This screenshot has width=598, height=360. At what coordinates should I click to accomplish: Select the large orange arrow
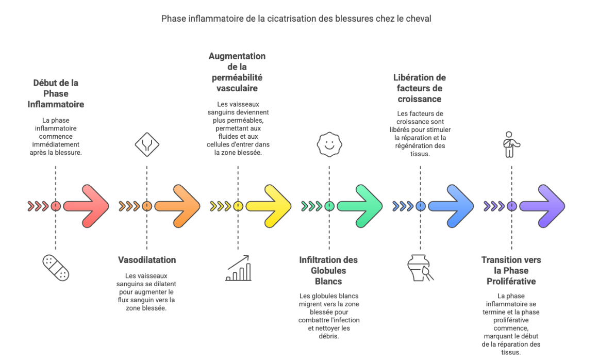pos(178,206)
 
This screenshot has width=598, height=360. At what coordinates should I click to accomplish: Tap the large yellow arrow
pos(269,206)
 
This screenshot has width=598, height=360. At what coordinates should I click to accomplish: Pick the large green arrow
pos(360,206)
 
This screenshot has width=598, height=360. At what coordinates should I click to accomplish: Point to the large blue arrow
pos(452,206)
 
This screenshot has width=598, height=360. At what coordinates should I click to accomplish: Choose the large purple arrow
pos(543,206)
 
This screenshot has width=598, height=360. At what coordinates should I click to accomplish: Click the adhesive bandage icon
pos(56,268)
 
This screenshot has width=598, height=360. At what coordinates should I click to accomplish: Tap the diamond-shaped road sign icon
pos(147,145)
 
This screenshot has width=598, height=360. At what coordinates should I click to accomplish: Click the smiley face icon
pos(329,145)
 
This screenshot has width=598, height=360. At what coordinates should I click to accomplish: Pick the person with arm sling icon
pos(511,145)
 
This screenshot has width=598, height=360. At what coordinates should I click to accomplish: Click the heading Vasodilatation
pos(147,260)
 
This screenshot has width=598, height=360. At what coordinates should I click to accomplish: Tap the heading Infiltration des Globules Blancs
pos(328,271)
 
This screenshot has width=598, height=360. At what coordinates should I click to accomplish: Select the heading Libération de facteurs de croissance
pos(420,88)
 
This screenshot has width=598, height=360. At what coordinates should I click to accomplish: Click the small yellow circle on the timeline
pos(238,206)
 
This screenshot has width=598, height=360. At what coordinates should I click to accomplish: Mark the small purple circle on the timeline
pos(511,206)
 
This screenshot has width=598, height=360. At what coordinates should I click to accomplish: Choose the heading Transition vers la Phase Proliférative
pos(511,271)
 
